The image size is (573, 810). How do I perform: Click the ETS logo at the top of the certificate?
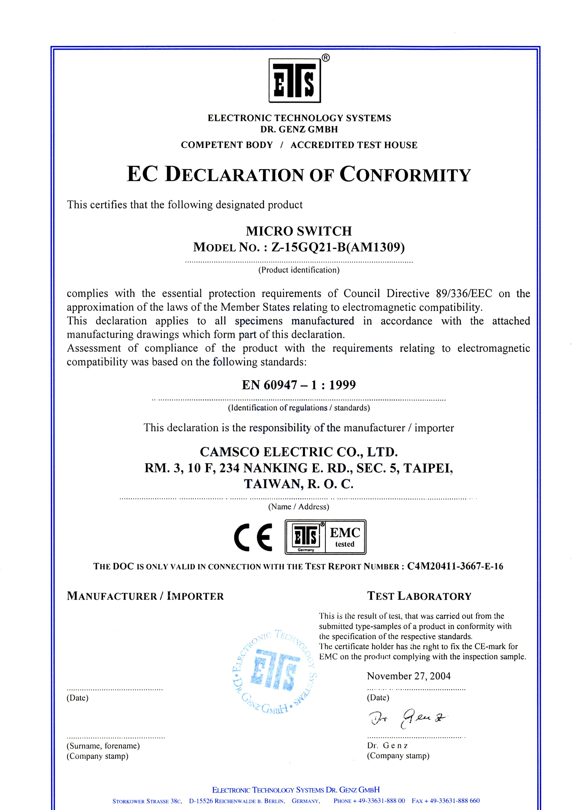coord(295,80)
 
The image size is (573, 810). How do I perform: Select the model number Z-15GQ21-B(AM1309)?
coord(338,247)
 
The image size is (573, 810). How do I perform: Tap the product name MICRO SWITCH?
coord(298,231)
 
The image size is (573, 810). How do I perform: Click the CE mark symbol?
coord(253,537)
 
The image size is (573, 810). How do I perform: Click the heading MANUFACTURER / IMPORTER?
coord(145,596)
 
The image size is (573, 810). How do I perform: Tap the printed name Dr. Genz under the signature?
coord(387,746)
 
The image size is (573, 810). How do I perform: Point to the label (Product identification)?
coord(298,270)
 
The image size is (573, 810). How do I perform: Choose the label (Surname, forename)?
coord(103,746)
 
